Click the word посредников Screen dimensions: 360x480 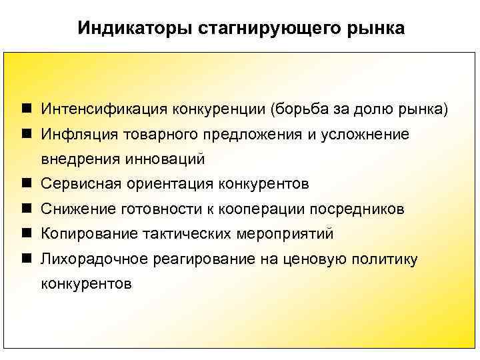click(355, 209)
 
